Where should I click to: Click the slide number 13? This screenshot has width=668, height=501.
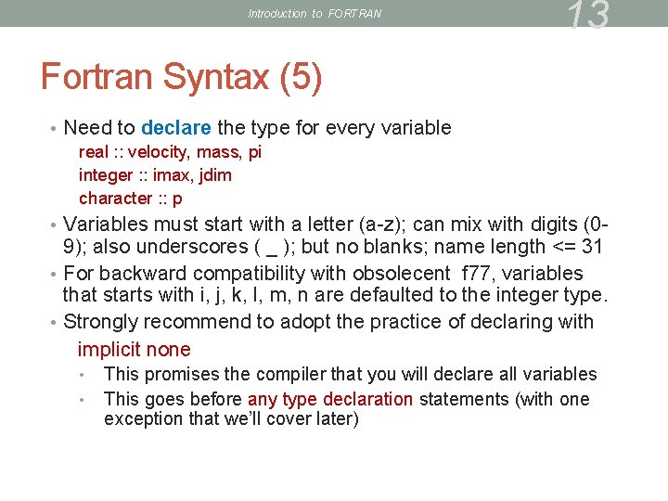tap(588, 16)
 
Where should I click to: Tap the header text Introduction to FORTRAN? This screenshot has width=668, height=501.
tap(315, 14)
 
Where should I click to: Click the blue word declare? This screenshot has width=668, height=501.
tap(176, 127)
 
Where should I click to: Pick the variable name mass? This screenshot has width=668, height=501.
tap(218, 152)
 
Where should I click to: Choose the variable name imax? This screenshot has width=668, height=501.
tap(173, 175)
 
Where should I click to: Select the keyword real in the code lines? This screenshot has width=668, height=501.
tap(94, 152)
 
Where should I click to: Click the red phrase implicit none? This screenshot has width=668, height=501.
tap(135, 350)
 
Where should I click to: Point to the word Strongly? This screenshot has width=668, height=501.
tap(100, 322)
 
